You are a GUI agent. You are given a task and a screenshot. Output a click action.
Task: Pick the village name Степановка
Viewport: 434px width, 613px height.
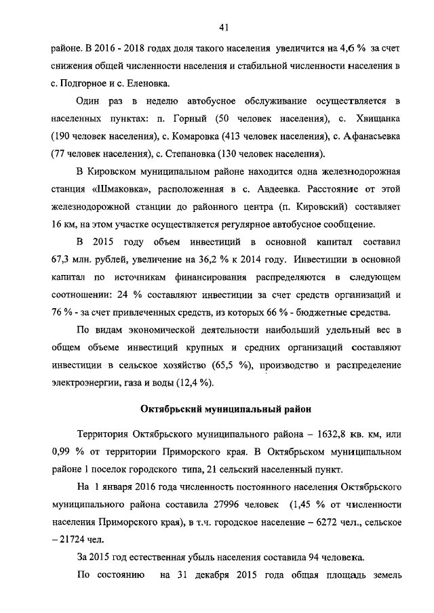point(205,153)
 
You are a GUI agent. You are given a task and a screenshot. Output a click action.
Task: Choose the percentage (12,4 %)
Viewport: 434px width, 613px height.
point(192,383)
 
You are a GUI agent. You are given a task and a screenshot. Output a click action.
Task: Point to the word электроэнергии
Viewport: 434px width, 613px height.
point(84,383)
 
